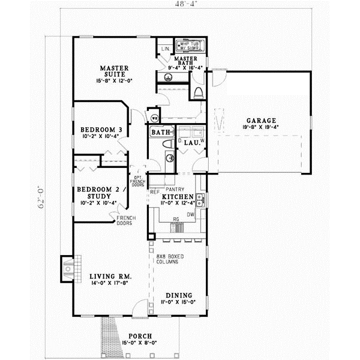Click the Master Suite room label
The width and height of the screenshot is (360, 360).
coord(112,71)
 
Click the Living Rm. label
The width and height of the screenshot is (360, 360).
coord(110,277)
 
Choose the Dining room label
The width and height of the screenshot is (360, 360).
coord(177,295)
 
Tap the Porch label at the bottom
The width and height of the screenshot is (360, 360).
coord(139,336)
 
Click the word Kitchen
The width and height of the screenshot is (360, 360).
coord(176,197)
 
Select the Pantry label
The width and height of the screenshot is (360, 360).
coord(183,189)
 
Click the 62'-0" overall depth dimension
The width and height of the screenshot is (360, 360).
coord(41,196)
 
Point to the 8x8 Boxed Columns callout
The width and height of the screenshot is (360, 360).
coord(170,260)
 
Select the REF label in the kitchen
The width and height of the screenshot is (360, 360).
coord(154,193)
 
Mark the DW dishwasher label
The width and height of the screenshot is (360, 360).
coord(190,214)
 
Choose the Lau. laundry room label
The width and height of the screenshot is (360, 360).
coord(193,143)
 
